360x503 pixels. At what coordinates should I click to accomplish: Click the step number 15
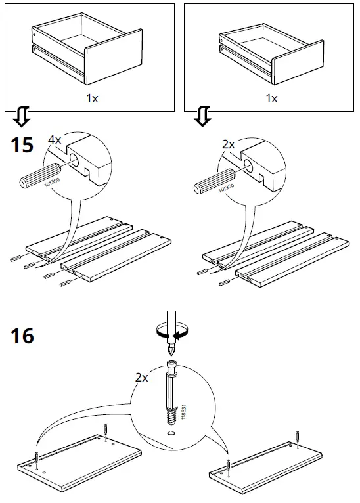pyautogui.click(x=22, y=144)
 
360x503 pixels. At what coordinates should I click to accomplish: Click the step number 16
pyautogui.click(x=22, y=336)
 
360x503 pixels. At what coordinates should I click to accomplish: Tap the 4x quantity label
pyautogui.click(x=55, y=141)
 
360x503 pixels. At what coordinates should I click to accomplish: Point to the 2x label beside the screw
pyautogui.click(x=141, y=378)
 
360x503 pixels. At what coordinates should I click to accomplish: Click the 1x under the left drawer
pyautogui.click(x=93, y=98)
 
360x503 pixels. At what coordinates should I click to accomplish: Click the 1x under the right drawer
pyautogui.click(x=271, y=98)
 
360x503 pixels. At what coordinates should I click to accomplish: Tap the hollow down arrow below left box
pyautogui.click(x=21, y=118)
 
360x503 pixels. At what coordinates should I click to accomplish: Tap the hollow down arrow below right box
pyautogui.click(x=203, y=118)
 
